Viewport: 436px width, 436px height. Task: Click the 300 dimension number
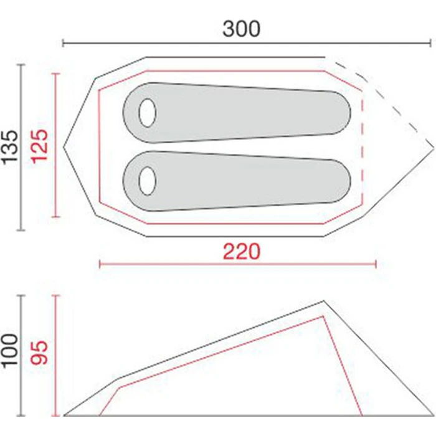click(x=242, y=29)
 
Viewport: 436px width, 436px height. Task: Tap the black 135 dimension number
click(x=11, y=147)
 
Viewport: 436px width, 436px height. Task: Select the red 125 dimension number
click(x=39, y=146)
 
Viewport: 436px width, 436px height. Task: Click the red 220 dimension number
click(x=242, y=252)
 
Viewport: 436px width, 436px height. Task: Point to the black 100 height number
click(x=11, y=351)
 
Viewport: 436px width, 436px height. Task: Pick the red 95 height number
click(x=39, y=353)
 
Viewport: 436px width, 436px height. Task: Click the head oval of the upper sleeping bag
click(x=148, y=113)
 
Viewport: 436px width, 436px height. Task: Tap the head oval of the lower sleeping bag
click(x=148, y=181)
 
